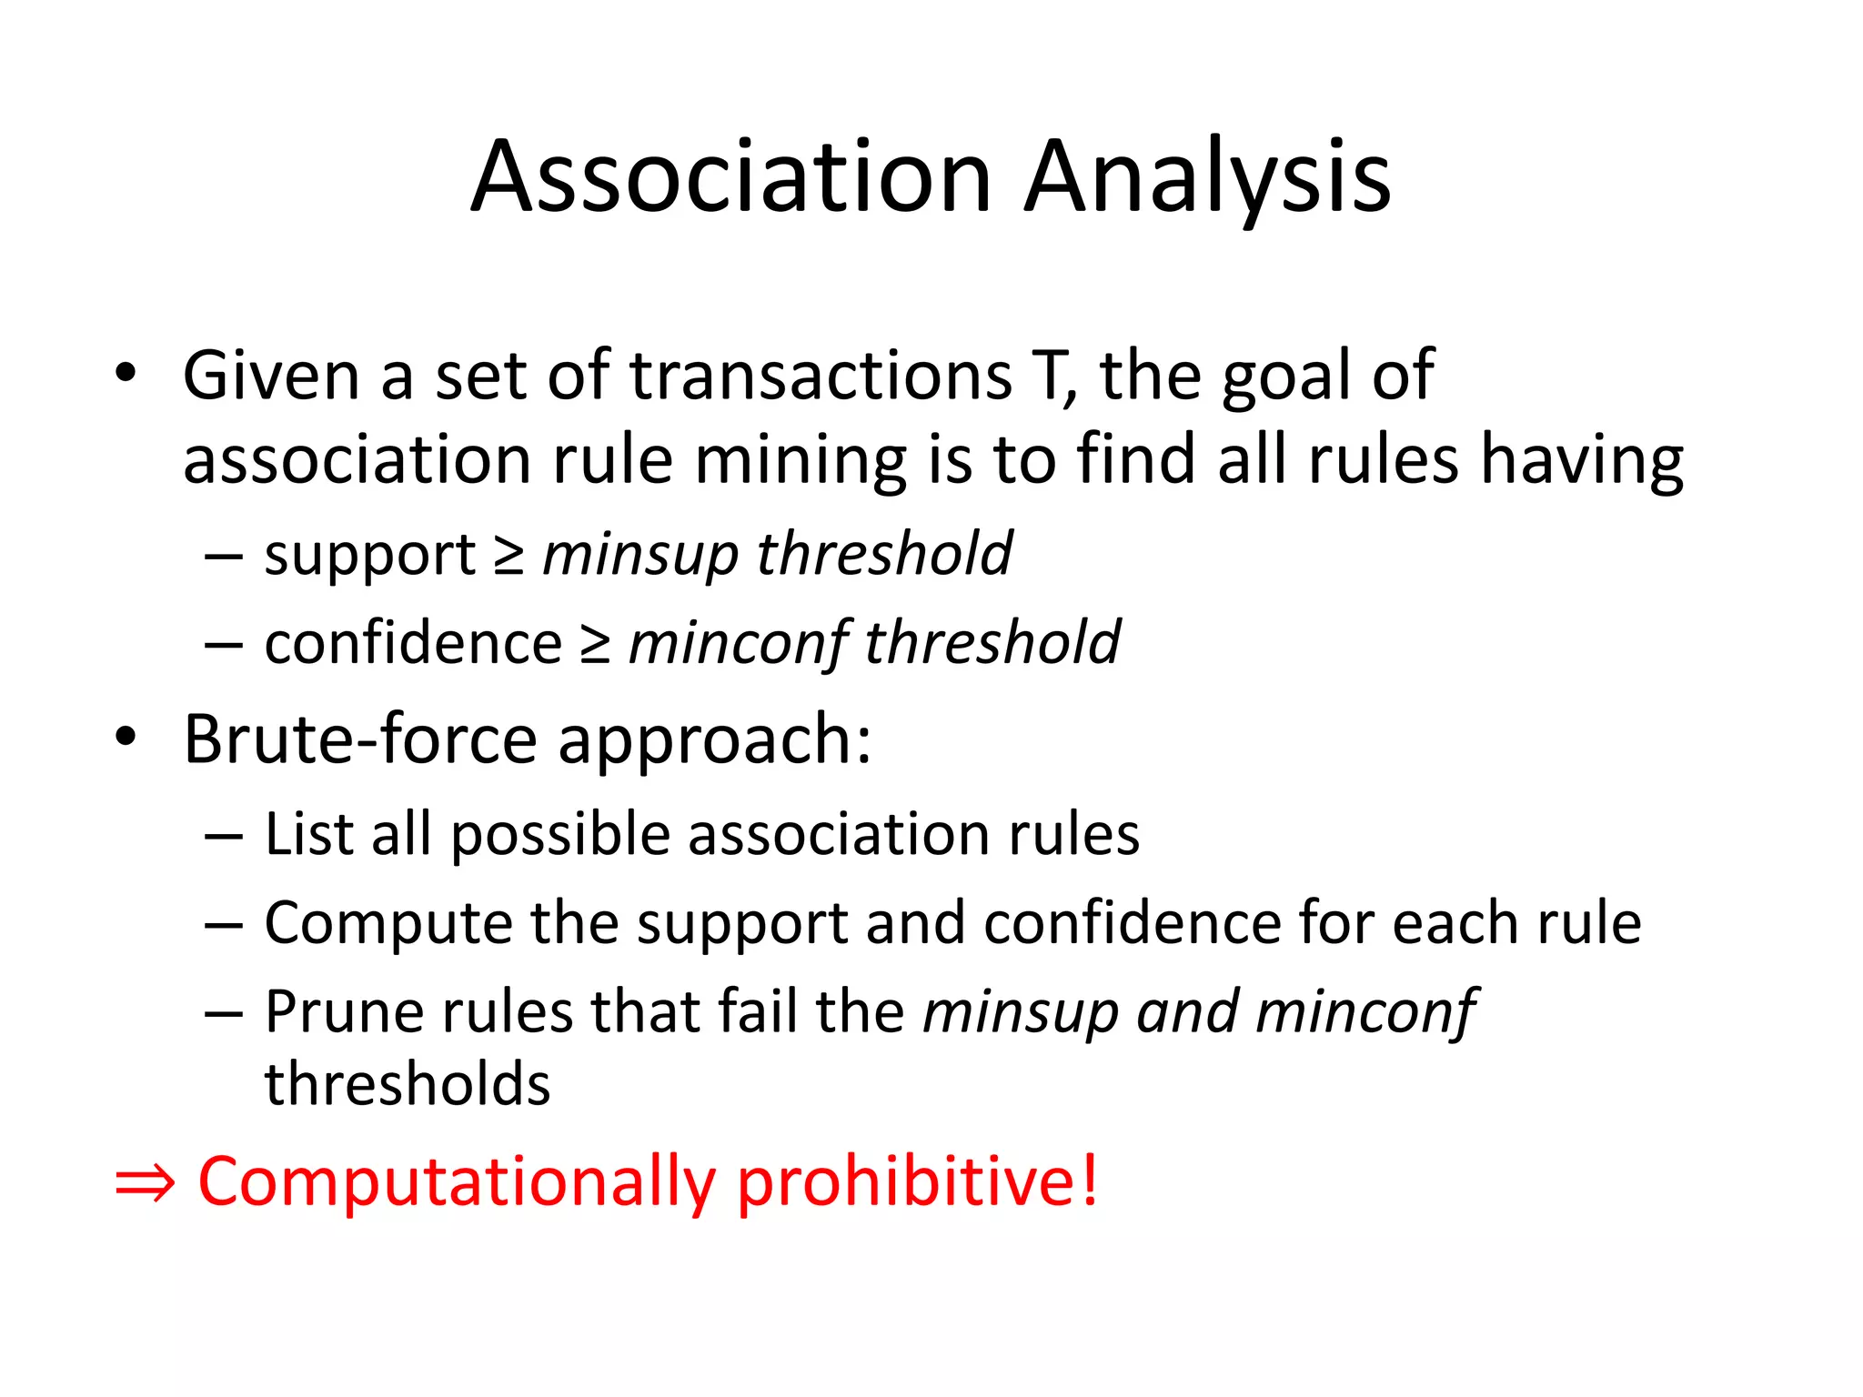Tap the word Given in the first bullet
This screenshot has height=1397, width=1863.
[271, 375]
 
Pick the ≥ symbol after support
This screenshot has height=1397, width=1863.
[509, 555]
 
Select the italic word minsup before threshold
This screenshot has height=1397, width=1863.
[640, 555]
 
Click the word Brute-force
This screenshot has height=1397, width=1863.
[360, 739]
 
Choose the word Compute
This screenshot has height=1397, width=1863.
[388, 923]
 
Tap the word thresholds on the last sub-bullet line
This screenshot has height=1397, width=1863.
[408, 1084]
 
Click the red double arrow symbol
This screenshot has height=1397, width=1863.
[145, 1182]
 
